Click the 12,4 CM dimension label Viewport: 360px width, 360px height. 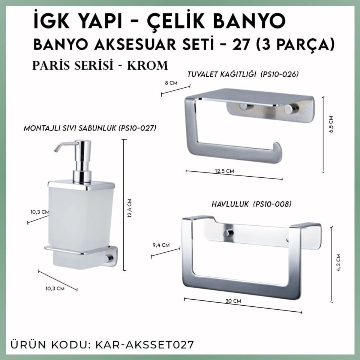pos(129,208)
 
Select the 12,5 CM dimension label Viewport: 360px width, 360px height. pos(225,171)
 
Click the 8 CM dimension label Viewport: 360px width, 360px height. pos(171,83)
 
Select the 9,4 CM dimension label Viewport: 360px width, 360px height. pos(161,245)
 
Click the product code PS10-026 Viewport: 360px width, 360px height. pos(280,74)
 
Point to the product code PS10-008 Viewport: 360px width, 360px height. pos(272,204)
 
